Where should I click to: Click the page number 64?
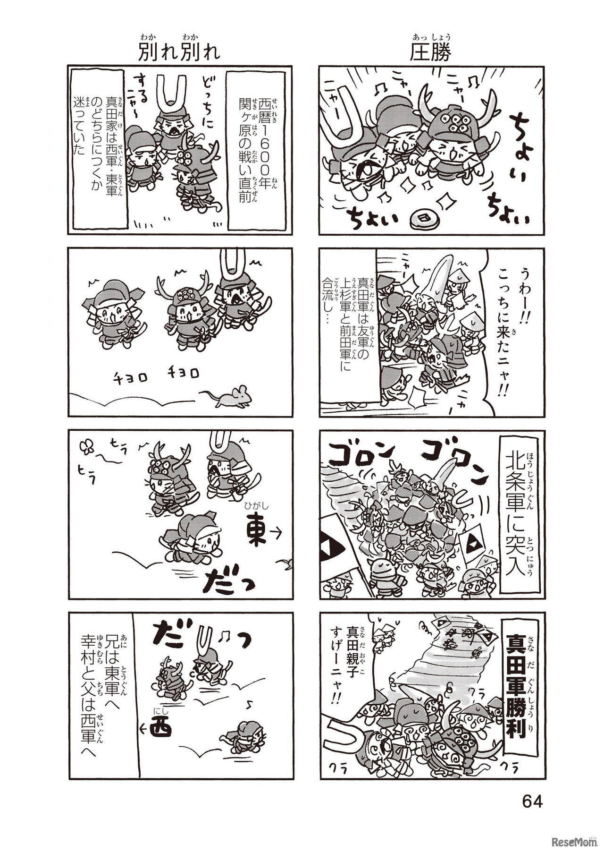pos(532,801)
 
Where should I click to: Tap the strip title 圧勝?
pos(430,52)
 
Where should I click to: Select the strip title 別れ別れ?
pos(179,52)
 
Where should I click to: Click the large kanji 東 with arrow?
pos(258,532)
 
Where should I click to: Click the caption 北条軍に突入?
pos(516,514)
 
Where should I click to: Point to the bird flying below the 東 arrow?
pos(286,562)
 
